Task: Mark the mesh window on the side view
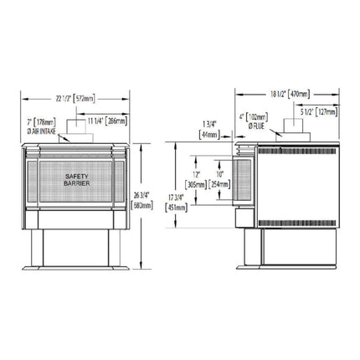pos(243,181)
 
